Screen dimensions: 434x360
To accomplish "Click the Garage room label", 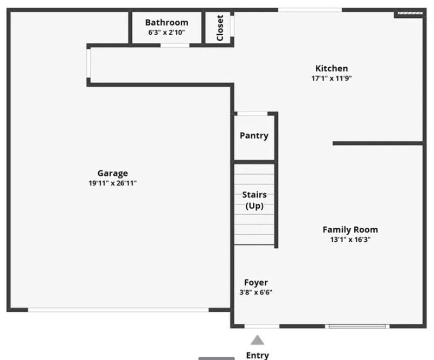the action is click(x=113, y=173).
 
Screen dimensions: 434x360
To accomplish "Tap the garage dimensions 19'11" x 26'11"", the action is click(x=113, y=183).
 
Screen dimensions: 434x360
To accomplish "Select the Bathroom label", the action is click(x=167, y=22).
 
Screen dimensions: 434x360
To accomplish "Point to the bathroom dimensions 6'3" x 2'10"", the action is click(x=167, y=32).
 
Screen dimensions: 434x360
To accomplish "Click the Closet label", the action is click(x=220, y=28).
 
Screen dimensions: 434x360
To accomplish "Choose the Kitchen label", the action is click(x=331, y=68).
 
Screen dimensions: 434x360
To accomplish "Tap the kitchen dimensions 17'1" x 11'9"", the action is click(x=331, y=78).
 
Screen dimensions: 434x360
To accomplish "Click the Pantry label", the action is click(x=254, y=136).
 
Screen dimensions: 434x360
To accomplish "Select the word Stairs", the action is click(x=254, y=195).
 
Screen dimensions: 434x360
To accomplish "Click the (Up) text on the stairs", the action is click(x=254, y=205).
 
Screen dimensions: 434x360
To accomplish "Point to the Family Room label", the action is click(x=350, y=230).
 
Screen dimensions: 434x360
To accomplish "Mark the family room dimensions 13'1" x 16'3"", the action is click(x=350, y=239).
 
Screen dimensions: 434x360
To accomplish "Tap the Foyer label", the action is click(x=256, y=282).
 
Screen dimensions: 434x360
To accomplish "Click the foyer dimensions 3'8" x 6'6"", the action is click(x=256, y=292).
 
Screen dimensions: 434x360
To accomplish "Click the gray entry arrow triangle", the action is click(x=257, y=340).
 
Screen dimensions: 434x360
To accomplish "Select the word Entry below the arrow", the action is click(x=257, y=355).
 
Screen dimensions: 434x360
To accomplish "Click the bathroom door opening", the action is click(x=175, y=45).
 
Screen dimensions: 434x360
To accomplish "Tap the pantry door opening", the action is click(x=252, y=113).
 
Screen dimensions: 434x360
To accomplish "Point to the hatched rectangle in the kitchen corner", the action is click(x=410, y=13).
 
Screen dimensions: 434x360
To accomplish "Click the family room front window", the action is click(x=358, y=326).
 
